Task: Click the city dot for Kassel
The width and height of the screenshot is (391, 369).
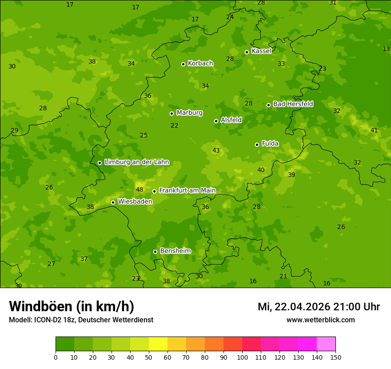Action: [x=247, y=52]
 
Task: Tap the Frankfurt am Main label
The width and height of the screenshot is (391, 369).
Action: [x=187, y=190]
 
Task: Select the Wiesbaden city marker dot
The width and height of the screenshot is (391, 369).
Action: [x=113, y=202]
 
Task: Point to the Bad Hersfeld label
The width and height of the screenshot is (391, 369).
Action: [x=293, y=104]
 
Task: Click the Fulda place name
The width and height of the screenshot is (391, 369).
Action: [x=270, y=144]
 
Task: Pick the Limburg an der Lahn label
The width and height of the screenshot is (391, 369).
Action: [x=136, y=162]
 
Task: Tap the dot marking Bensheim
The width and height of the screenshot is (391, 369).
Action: [x=155, y=252]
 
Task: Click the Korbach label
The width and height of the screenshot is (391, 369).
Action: [x=200, y=63]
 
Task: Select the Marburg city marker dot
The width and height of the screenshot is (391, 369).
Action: [x=172, y=113]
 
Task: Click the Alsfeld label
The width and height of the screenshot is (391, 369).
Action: [x=231, y=120]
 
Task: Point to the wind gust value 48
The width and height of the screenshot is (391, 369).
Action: [x=140, y=190]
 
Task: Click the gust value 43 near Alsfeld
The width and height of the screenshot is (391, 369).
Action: [x=216, y=151]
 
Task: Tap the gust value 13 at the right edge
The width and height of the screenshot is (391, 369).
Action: [x=386, y=49]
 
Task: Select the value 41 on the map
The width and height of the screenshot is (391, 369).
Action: [x=374, y=130]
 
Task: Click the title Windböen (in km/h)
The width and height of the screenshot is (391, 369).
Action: [x=72, y=306]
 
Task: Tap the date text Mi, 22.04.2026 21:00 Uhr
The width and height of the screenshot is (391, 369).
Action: [x=319, y=307]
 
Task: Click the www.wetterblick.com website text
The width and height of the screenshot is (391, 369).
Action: [x=320, y=320]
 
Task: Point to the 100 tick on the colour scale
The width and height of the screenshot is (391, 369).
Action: [x=242, y=357]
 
